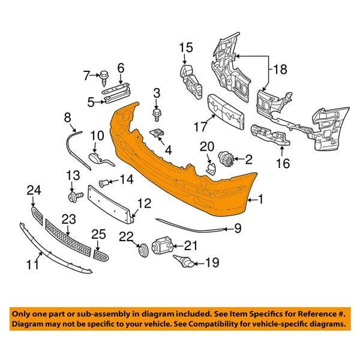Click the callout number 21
[191, 245]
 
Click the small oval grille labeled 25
[101, 255]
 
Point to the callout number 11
[37, 263]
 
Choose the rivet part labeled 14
[104, 179]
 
